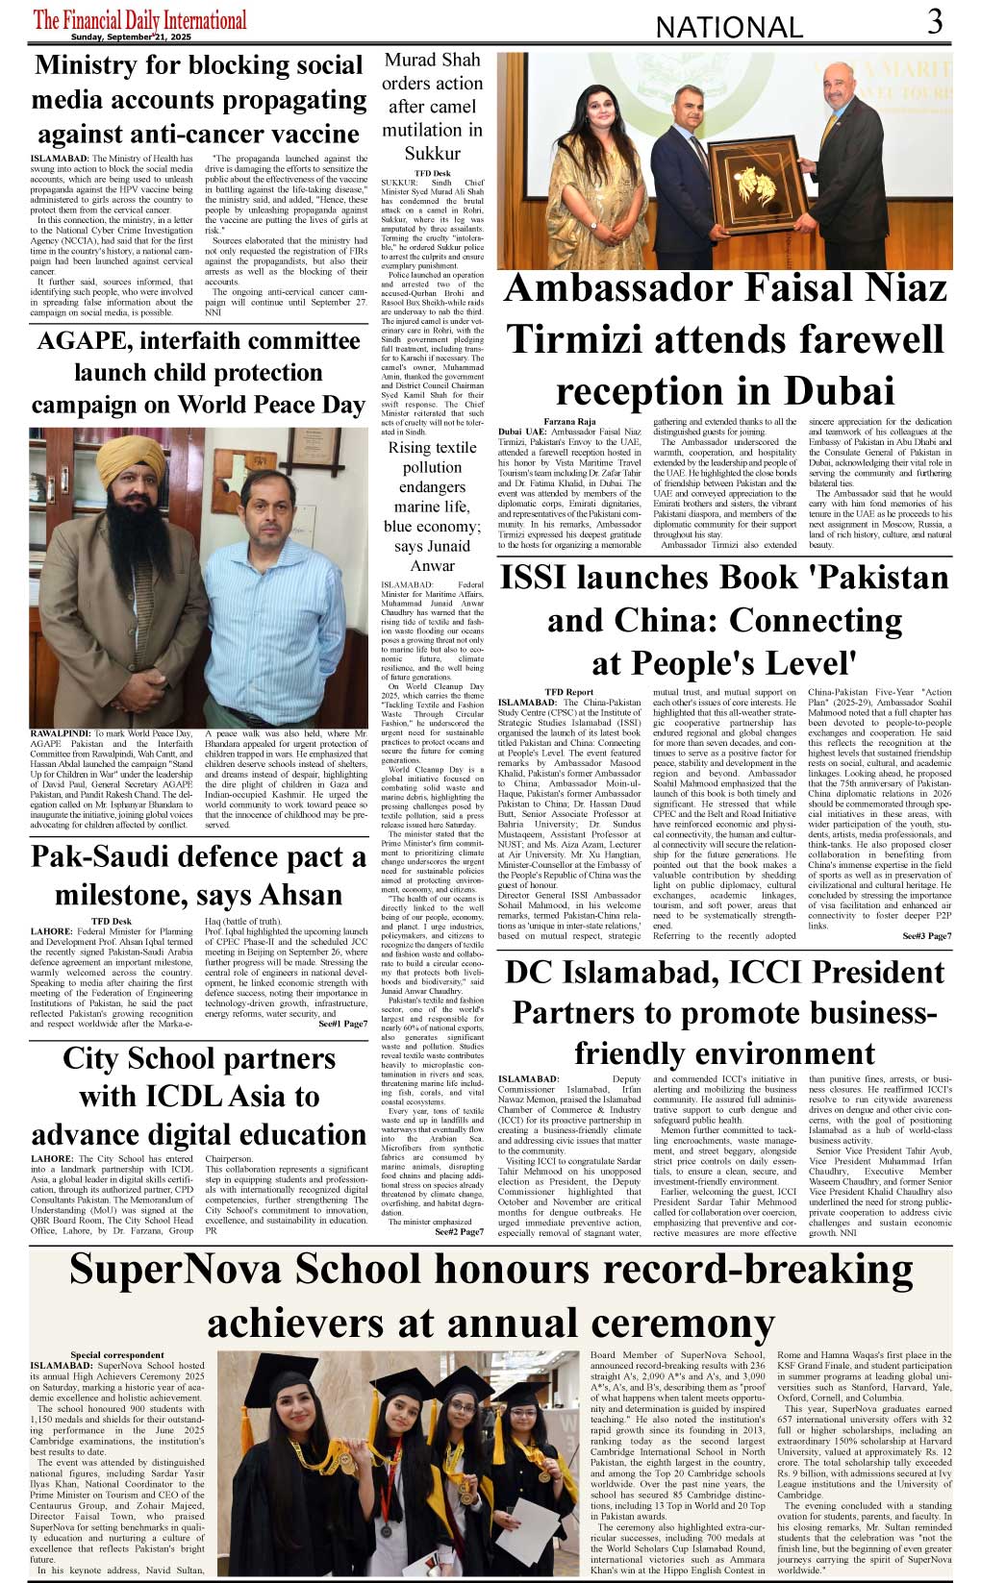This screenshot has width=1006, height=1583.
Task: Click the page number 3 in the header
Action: [935, 22]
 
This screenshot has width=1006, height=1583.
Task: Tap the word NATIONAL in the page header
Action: [729, 28]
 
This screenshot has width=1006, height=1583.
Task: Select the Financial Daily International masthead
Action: [140, 19]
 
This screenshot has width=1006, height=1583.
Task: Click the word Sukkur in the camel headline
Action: [432, 153]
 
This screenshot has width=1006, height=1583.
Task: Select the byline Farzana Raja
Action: [569, 422]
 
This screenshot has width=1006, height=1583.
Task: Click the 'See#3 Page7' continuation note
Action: [926, 936]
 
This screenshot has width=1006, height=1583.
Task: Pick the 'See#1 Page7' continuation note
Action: [342, 1024]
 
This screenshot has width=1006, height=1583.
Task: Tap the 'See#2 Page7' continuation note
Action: [459, 1231]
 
